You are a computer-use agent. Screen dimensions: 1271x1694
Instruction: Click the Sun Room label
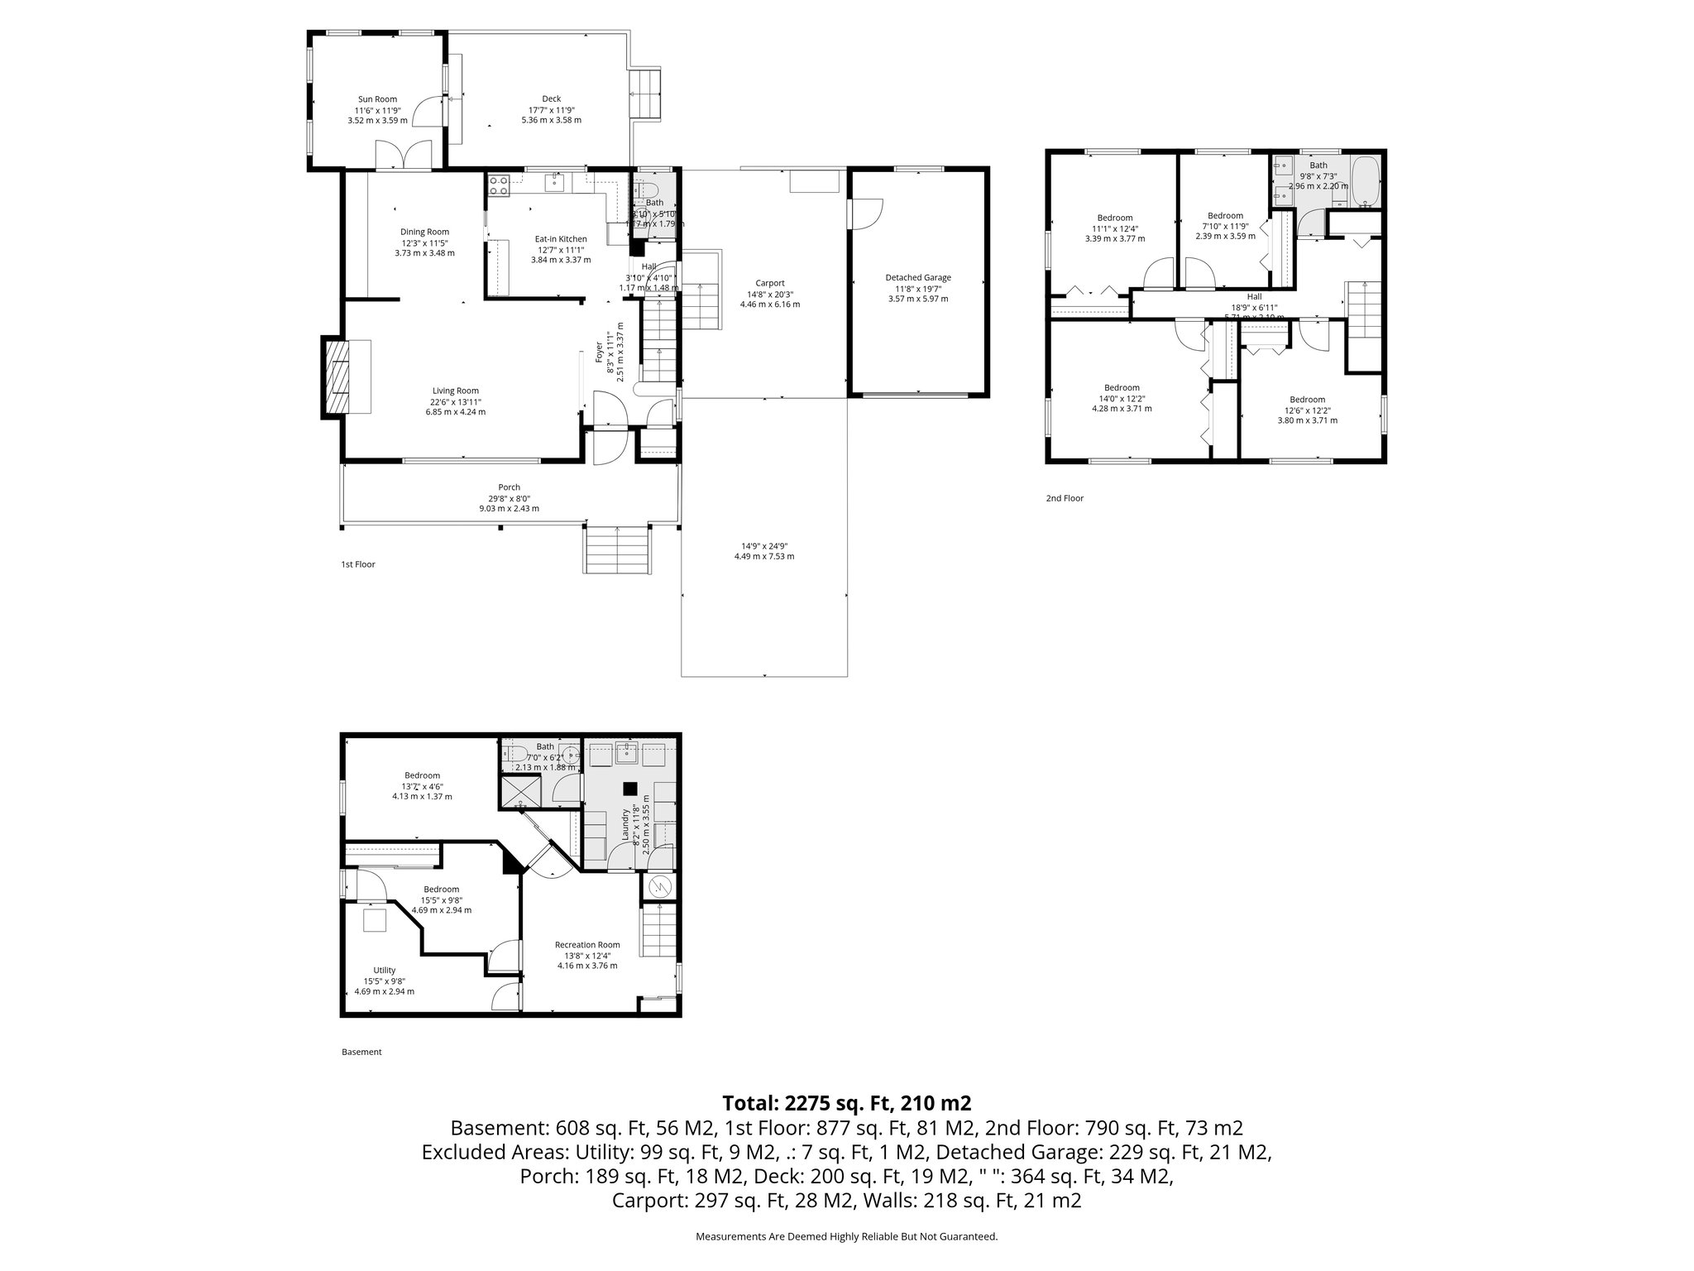click(x=377, y=99)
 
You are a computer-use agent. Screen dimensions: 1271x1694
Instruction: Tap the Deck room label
click(x=551, y=99)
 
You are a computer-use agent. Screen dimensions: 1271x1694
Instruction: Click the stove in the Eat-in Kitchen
click(x=498, y=185)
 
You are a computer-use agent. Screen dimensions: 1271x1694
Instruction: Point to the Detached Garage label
click(x=918, y=277)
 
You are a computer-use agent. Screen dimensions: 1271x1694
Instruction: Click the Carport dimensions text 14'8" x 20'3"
click(x=769, y=294)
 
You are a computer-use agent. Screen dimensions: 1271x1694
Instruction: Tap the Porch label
click(x=509, y=487)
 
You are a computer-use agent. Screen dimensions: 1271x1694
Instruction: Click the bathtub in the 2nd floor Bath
click(x=1364, y=183)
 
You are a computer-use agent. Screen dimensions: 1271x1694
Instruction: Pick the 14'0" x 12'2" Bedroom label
click(x=1122, y=387)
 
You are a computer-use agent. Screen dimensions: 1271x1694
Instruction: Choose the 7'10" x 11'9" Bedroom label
click(x=1225, y=216)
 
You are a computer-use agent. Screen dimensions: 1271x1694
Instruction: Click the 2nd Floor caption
click(x=1065, y=498)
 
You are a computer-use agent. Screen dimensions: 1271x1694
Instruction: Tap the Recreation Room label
click(x=587, y=944)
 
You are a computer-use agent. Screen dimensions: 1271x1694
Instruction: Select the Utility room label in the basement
click(x=384, y=970)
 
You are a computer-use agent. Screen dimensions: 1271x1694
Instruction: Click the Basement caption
click(x=361, y=1052)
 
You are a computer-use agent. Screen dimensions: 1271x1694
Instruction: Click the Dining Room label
click(x=425, y=232)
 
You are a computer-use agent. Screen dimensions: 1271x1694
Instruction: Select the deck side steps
click(x=646, y=94)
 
